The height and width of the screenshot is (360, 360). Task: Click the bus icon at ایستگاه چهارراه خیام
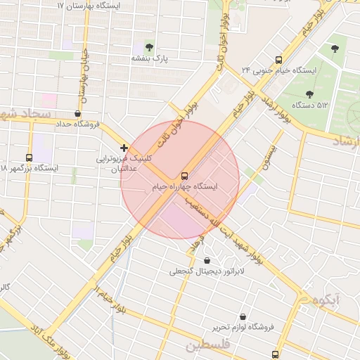pyautogui.click(x=185, y=176)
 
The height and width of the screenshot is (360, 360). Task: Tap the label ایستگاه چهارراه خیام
pyautogui.click(x=185, y=187)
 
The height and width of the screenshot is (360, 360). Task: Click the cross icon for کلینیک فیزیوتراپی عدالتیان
pyautogui.click(x=124, y=148)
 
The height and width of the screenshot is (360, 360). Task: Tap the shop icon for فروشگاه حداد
pyautogui.click(x=77, y=113)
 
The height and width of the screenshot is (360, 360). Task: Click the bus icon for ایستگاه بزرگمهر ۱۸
pyautogui.click(x=29, y=157)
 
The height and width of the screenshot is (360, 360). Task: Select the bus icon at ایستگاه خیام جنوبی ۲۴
pyautogui.click(x=278, y=60)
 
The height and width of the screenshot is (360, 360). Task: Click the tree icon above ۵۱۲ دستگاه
pyautogui.click(x=309, y=94)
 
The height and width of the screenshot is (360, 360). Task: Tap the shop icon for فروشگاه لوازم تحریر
pyautogui.click(x=243, y=317)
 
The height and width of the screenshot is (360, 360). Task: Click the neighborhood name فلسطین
pyautogui.click(x=208, y=346)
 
